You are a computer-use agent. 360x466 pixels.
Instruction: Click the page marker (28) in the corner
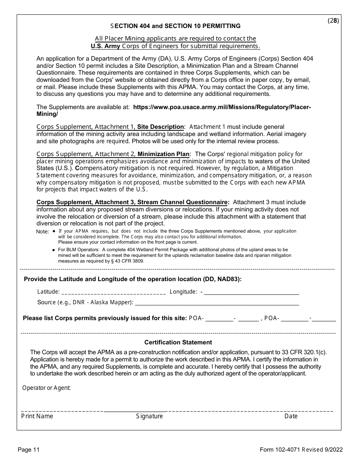pyautogui.click(x=333, y=21)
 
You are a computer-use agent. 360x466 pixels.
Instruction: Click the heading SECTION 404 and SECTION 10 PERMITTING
pyautogui.click(x=175, y=26)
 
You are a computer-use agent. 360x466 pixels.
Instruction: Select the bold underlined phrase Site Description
pyautogui.click(x=160, y=127)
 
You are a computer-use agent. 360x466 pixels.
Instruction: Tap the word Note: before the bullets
pyautogui.click(x=42, y=231)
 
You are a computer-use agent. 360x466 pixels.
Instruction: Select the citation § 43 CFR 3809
pyautogui.click(x=125, y=261)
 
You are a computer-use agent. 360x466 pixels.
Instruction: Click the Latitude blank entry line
pyautogui.click(x=113, y=292)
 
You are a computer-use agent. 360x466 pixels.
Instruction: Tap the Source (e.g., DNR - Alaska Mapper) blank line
pyautogui.click(x=217, y=303)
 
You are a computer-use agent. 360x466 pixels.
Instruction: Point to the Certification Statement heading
pyautogui.click(x=178, y=342)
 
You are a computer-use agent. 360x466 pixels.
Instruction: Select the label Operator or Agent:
pyautogui.click(x=46, y=388)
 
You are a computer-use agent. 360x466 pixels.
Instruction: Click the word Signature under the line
pyautogui.click(x=149, y=416)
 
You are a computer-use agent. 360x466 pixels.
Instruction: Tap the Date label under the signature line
pyautogui.click(x=291, y=416)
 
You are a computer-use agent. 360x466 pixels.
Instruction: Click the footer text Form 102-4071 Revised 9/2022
pyautogui.click(x=301, y=450)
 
